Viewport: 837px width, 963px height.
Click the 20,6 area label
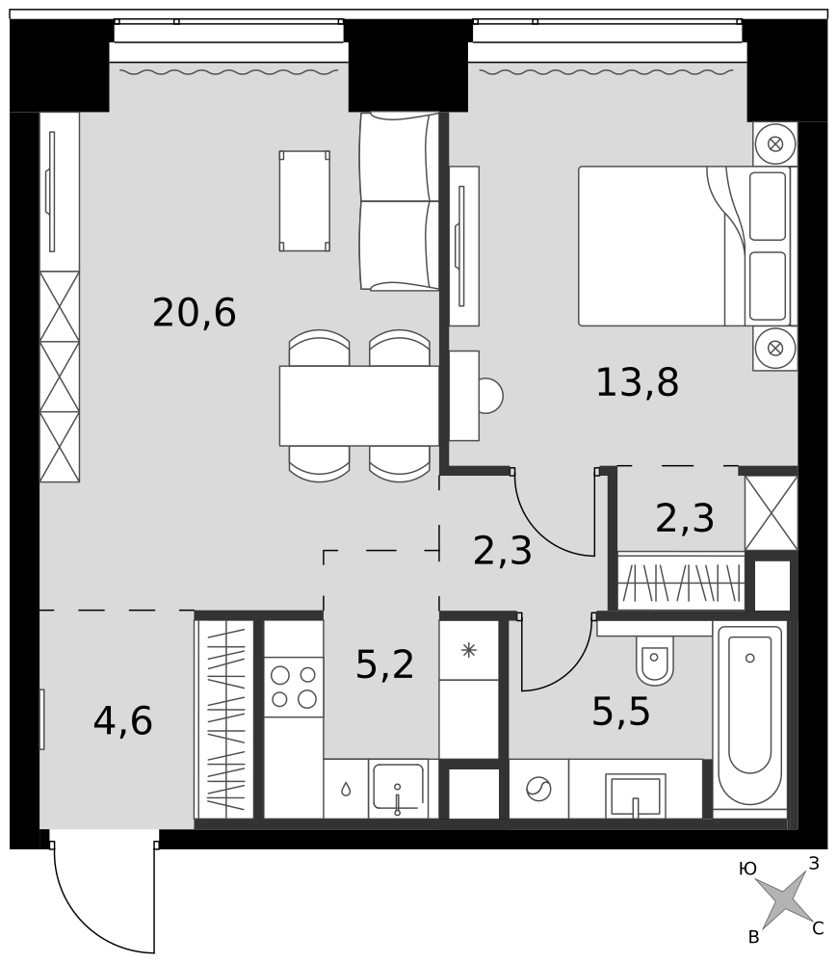pyautogui.click(x=194, y=313)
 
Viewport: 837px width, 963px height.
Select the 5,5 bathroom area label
pyautogui.click(x=621, y=712)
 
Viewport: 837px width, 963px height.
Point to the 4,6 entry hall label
pyautogui.click(x=123, y=720)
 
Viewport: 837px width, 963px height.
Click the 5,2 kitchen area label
pyautogui.click(x=385, y=664)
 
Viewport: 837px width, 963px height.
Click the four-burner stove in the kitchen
pyautogui.click(x=294, y=687)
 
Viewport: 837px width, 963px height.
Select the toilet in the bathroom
pyautogui.click(x=655, y=661)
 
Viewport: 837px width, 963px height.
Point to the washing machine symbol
pyautogui.click(x=538, y=789)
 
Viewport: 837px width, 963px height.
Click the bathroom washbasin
pyautogui.click(x=635, y=796)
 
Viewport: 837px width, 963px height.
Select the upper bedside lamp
pyautogui.click(x=775, y=144)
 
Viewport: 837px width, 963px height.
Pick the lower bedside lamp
pyautogui.click(x=775, y=349)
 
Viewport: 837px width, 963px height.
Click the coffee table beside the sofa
pyautogui.click(x=304, y=201)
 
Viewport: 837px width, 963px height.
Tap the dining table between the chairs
pyautogui.click(x=359, y=405)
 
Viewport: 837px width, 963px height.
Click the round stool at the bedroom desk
pyautogui.click(x=490, y=396)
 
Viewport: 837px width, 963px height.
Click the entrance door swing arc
pyautogui.click(x=92, y=922)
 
